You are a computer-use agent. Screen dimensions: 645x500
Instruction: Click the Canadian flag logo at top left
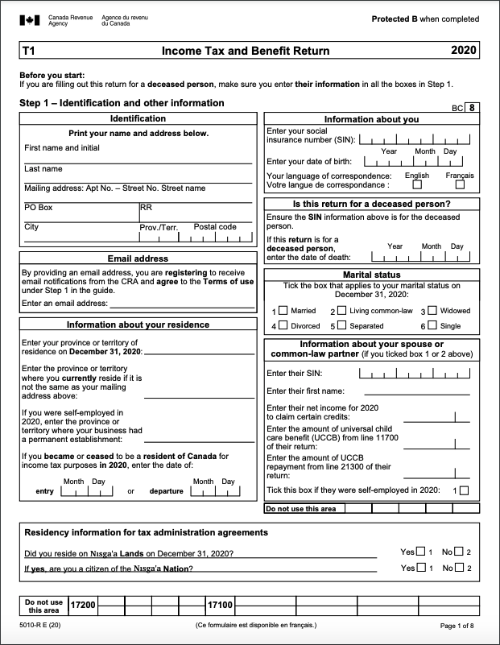[29, 19]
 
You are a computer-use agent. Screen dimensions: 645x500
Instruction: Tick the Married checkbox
[283, 311]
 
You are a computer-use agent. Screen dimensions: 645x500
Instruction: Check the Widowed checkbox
[432, 311]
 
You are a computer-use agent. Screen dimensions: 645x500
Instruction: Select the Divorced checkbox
[283, 325]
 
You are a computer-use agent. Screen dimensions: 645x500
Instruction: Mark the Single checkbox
[432, 325]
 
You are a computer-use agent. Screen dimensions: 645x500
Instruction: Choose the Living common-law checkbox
[342, 311]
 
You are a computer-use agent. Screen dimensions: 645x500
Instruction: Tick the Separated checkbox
[342, 325]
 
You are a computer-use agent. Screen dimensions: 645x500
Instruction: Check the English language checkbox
[417, 184]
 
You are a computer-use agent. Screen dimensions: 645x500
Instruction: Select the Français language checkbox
[460, 184]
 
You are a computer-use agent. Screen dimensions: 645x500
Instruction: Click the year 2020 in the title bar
[464, 51]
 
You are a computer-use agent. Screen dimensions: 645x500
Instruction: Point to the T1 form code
[29, 51]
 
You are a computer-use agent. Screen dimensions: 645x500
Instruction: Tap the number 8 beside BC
[472, 107]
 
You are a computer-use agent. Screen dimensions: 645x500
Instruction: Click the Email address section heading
[138, 258]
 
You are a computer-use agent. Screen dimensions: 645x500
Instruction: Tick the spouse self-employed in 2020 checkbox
[464, 490]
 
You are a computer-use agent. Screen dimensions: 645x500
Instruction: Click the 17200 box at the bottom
[83, 604]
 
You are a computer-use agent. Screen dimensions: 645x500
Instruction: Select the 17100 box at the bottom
[221, 604]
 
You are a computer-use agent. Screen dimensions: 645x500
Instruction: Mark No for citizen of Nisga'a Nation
[459, 568]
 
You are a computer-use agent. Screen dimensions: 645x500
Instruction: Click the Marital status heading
[371, 275]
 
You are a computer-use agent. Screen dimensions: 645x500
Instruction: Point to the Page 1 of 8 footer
[457, 626]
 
